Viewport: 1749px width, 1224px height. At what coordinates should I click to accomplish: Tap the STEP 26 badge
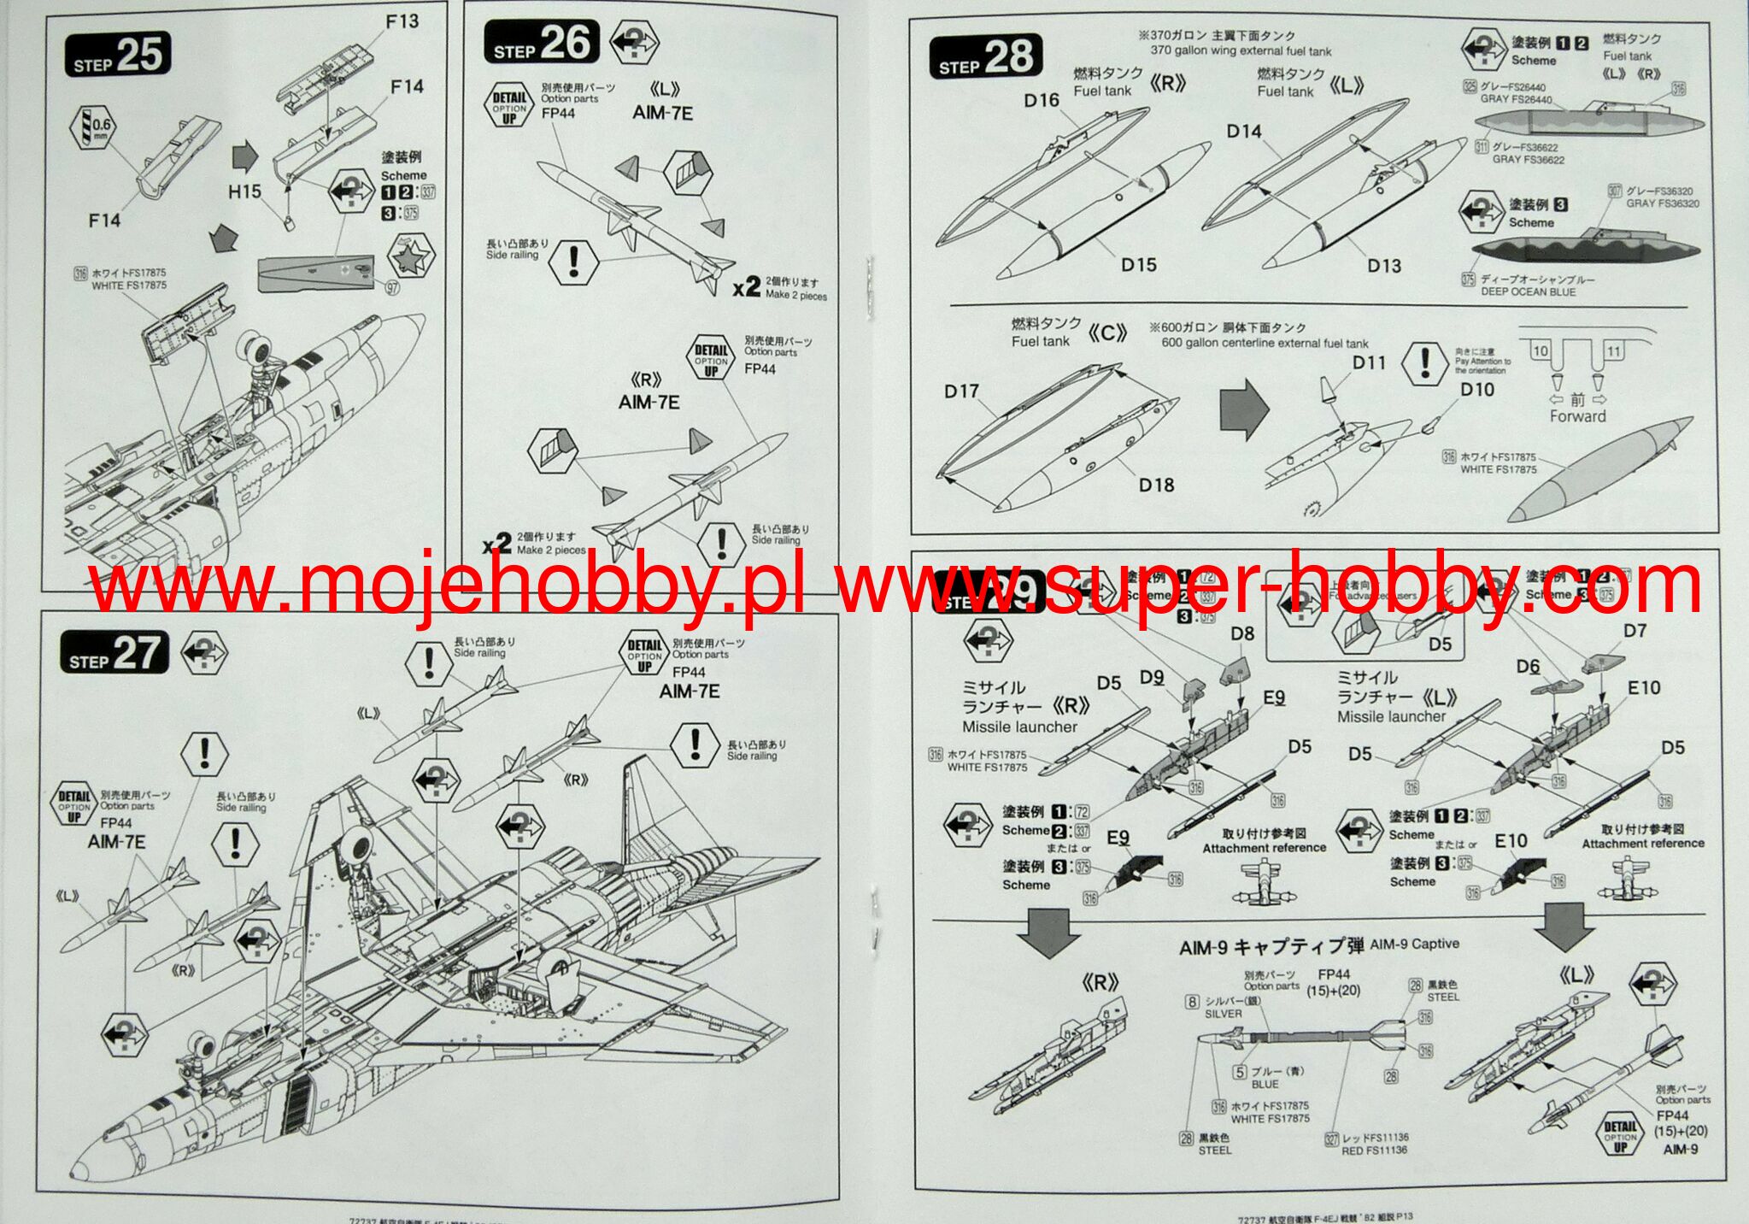[x=541, y=43]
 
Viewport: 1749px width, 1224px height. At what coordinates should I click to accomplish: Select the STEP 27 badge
[x=114, y=654]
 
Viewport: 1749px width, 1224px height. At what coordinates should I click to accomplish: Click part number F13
[x=402, y=21]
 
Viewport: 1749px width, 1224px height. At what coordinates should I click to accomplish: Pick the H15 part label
[x=244, y=191]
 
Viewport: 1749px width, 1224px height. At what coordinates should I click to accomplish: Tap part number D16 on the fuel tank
[x=1042, y=101]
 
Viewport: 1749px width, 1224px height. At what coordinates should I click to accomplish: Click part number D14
[x=1244, y=132]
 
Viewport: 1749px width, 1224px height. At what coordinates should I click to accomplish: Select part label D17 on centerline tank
[x=961, y=391]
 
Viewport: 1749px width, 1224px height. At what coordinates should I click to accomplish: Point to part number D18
[x=1156, y=485]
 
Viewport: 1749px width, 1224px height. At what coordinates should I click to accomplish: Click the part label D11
[x=1369, y=362]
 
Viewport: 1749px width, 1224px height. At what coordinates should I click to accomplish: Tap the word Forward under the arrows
[x=1577, y=416]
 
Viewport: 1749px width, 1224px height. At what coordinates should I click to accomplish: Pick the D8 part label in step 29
[x=1242, y=633]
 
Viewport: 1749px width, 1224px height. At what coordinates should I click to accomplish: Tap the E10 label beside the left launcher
[x=1644, y=688]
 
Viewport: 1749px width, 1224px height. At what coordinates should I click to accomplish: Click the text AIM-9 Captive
[x=1414, y=944]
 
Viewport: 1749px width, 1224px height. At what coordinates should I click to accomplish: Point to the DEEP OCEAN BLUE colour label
[x=1529, y=291]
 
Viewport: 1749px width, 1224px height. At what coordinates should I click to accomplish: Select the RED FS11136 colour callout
[x=1374, y=1150]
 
